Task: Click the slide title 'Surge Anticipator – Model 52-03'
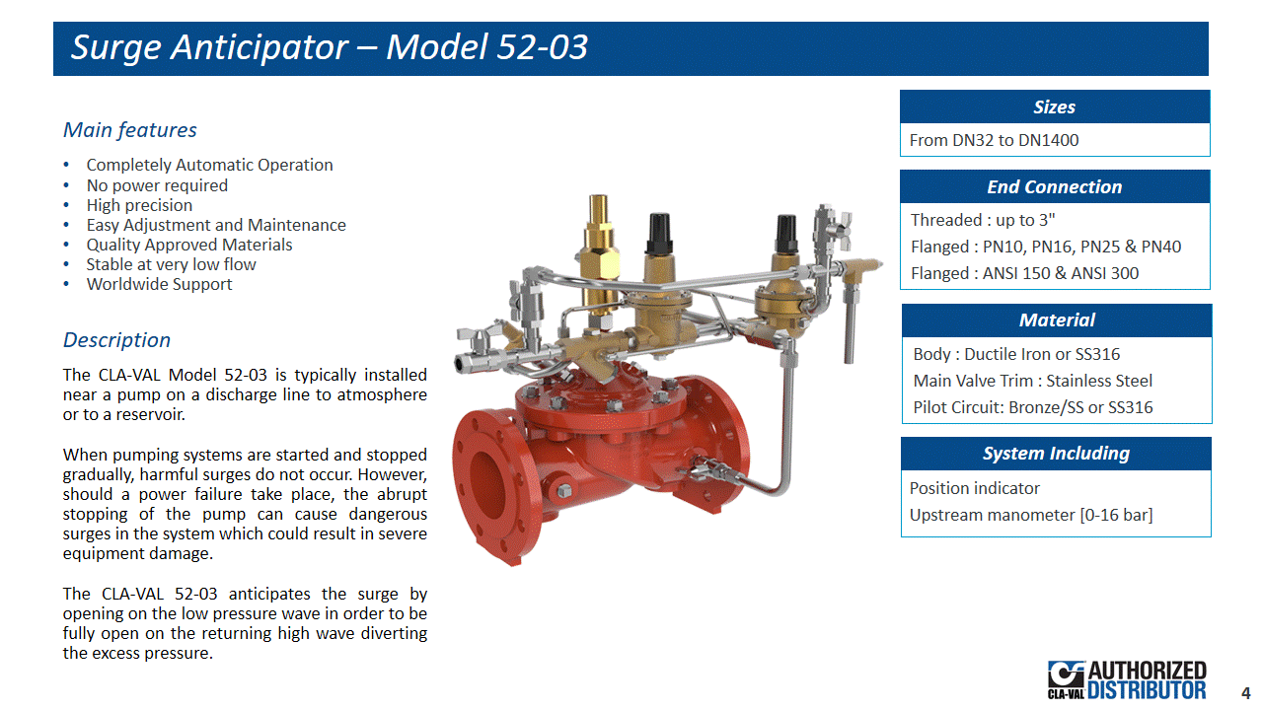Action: (329, 46)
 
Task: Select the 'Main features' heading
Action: (129, 130)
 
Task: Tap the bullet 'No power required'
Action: (157, 185)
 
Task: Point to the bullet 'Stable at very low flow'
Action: (171, 264)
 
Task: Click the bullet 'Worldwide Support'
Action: (159, 284)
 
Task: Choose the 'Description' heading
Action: (116, 340)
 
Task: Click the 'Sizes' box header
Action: (1055, 106)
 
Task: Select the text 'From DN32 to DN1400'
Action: (994, 140)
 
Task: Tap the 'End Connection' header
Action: (1055, 186)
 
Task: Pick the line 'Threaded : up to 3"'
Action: (983, 220)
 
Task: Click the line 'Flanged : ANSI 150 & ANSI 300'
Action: (1024, 273)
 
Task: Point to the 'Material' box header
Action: (1057, 320)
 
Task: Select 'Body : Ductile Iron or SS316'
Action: (1016, 354)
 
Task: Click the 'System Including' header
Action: (1056, 453)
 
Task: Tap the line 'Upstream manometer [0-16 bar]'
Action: (1031, 515)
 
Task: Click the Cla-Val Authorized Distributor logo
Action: (1127, 680)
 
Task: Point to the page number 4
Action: (1245, 692)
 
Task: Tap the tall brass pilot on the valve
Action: (599, 253)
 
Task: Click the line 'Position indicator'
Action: (974, 488)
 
